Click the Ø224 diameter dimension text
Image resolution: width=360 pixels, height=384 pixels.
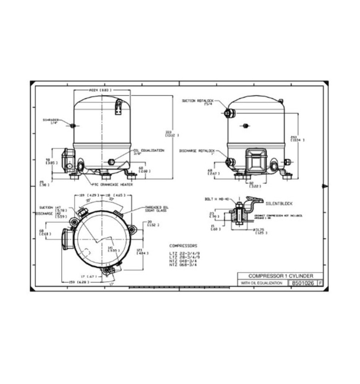pos(100,90)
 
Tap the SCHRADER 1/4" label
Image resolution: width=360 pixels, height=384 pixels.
pos(52,121)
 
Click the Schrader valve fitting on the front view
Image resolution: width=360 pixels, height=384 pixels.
pos(72,126)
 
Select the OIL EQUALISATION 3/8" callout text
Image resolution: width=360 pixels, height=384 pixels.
pos(148,152)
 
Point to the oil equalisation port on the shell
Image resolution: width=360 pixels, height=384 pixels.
pos(112,162)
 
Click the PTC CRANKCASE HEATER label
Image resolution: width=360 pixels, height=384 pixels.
pos(112,184)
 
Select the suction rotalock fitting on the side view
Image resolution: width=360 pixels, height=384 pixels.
pos(228,114)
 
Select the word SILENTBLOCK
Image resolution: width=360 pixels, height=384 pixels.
pos(279,204)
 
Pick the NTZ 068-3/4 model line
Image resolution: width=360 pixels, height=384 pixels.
pos(183,265)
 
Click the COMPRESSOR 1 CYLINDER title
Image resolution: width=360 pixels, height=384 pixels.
pos(280,276)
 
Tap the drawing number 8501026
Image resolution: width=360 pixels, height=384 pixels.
pos(302,283)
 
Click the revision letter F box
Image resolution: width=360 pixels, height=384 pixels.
pos(320,283)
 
